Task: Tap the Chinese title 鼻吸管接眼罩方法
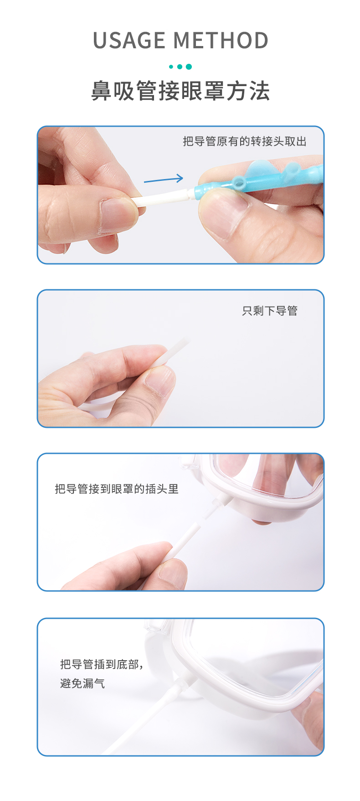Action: click(180, 90)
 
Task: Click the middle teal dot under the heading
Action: click(180, 67)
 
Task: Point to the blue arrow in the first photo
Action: click(163, 180)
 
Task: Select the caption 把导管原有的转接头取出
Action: click(245, 142)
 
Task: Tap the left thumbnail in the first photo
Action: click(118, 215)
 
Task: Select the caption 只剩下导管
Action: click(270, 311)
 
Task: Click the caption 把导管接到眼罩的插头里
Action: click(117, 489)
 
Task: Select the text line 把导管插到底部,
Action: click(102, 664)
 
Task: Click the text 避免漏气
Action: click(82, 683)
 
